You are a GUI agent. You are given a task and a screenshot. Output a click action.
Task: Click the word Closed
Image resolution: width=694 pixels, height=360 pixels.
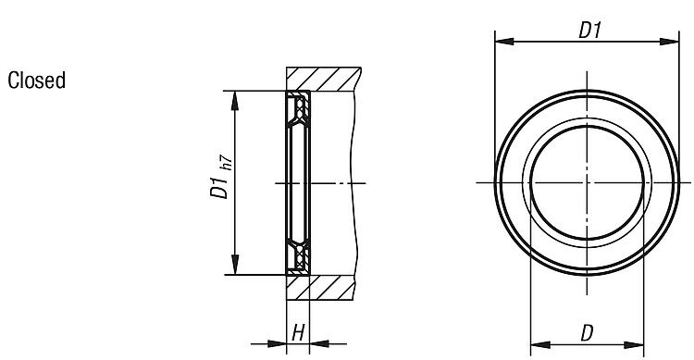37,81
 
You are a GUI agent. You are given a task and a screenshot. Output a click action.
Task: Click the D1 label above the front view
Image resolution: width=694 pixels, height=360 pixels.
590,31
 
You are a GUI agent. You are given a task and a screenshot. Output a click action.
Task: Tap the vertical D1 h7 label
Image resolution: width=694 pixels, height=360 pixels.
221,177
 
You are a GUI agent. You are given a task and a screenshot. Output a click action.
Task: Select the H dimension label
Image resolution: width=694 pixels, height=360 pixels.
298,332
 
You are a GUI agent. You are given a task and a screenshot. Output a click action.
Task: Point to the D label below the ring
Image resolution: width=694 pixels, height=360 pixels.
587,333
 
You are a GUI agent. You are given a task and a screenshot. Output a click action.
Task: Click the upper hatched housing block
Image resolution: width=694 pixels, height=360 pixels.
323,79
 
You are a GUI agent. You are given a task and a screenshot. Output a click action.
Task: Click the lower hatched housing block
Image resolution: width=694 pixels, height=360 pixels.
320,288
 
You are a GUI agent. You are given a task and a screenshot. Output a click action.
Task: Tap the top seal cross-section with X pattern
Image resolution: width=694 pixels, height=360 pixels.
299,107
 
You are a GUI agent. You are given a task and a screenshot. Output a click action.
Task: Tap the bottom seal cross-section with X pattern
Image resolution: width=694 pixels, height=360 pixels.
299,257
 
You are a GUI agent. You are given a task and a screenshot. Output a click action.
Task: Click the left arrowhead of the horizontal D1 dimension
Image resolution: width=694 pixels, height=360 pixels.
504,42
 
